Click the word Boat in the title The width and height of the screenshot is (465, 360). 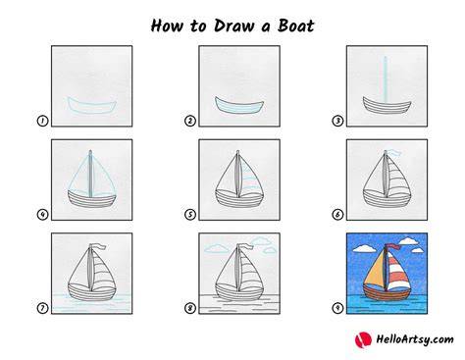tap(295, 26)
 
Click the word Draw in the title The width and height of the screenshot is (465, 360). tap(233, 26)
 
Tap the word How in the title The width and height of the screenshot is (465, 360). tap(166, 26)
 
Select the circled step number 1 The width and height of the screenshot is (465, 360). tap(42, 121)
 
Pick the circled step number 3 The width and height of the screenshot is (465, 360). tap(337, 121)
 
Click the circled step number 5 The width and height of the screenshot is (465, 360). tap(190, 215)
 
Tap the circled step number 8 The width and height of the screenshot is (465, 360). tap(190, 308)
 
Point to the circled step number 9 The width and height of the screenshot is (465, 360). tap(337, 308)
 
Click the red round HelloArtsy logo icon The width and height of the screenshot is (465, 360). tap(363, 339)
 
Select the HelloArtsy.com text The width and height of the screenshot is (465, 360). tap(415, 339)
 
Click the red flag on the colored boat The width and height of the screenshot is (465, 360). tap(394, 247)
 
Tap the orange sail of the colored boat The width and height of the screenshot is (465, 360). tap(375, 271)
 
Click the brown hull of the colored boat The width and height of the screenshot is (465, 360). tap(387, 292)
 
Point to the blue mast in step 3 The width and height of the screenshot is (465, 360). tap(386, 80)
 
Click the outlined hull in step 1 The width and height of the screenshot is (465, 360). tap(92, 105)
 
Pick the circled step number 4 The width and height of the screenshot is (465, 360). tap(42, 215)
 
